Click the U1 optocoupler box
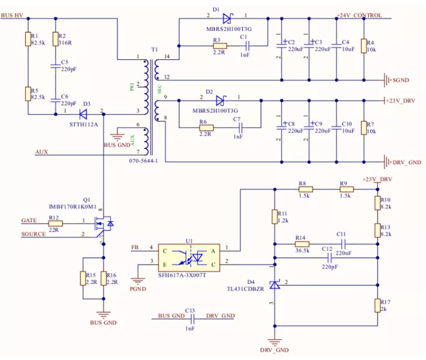(x=190, y=257)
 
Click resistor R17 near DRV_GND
(x=376, y=306)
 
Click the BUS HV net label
(x=15, y=15)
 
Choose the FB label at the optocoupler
(x=134, y=247)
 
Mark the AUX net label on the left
(x=42, y=152)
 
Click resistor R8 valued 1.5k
(x=305, y=190)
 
